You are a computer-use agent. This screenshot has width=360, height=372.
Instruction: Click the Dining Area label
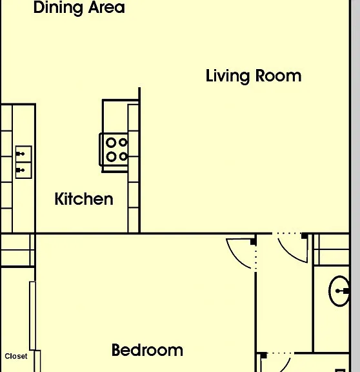[x=79, y=8]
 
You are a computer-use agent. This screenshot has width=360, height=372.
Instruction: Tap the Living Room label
[x=254, y=76]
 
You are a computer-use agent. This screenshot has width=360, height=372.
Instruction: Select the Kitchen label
[x=84, y=199]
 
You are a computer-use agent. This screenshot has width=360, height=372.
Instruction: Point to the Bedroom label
[x=147, y=350]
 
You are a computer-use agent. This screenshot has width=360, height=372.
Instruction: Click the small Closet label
[x=16, y=356]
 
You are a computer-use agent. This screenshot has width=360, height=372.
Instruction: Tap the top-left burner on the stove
[x=111, y=143]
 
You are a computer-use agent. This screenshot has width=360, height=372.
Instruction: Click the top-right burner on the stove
[x=123, y=142]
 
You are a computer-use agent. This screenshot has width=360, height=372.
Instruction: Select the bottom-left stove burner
[x=111, y=157]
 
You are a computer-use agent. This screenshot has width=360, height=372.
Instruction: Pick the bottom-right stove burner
[x=123, y=156]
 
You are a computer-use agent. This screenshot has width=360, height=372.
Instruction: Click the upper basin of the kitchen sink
[x=23, y=154]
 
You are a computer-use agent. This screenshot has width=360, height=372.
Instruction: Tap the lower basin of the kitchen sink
[x=23, y=170]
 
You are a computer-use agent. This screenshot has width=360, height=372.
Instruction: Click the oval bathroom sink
[x=339, y=291]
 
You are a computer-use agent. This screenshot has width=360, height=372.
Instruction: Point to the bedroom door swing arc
[x=235, y=257]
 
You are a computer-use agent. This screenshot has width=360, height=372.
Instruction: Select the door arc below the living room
[x=290, y=254]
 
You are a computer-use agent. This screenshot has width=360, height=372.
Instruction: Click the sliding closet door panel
[x=32, y=316]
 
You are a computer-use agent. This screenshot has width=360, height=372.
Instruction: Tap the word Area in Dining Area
[x=106, y=7]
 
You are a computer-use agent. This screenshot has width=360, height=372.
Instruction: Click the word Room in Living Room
[x=279, y=76]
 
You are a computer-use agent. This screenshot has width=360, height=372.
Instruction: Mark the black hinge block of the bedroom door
[x=254, y=242]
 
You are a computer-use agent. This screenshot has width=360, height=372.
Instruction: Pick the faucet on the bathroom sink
[x=343, y=291]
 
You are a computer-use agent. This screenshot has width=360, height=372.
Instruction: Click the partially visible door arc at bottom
[x=285, y=365]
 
